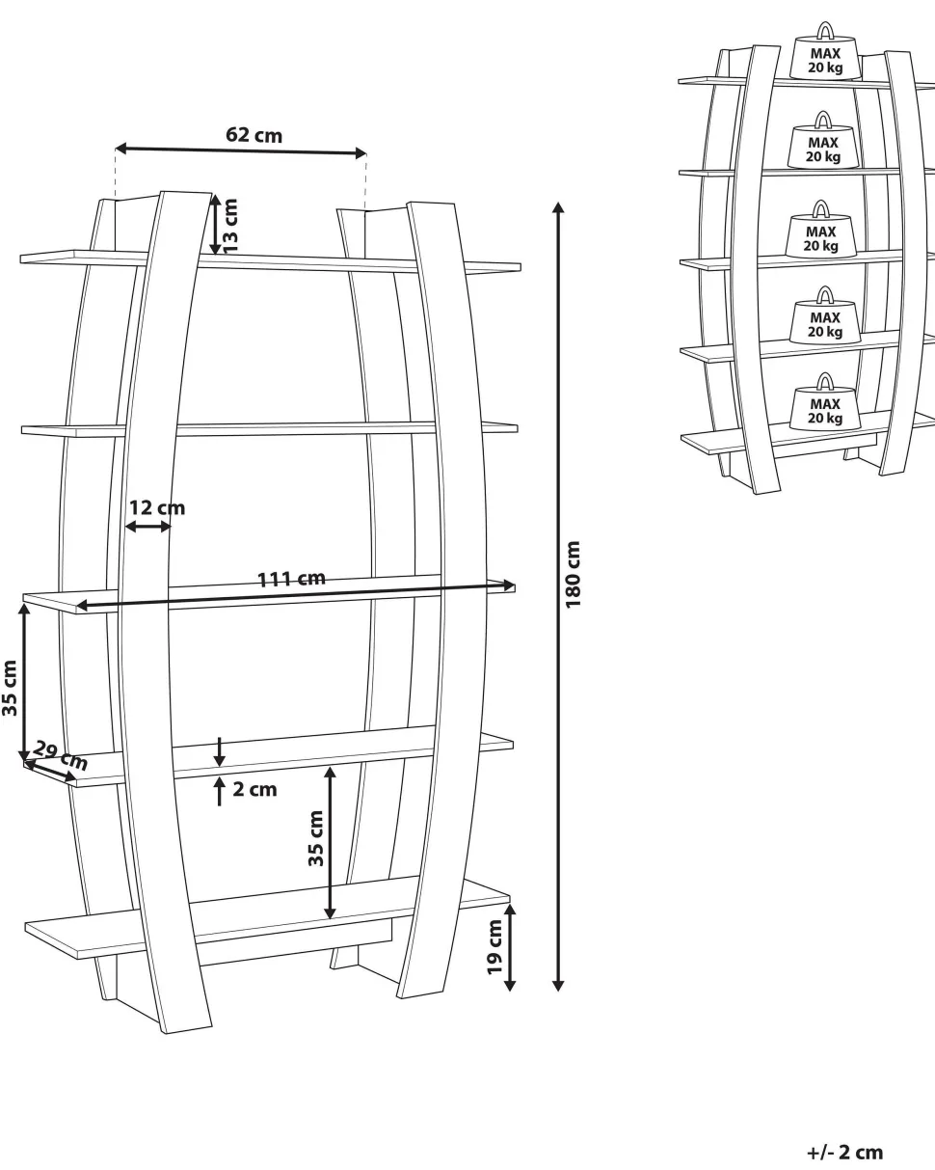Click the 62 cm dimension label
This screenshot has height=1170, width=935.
(254, 135)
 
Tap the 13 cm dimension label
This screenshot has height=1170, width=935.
(231, 225)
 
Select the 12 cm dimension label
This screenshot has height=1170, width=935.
(157, 507)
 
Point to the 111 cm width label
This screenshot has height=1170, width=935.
(291, 579)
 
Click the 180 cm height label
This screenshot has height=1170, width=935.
(574, 574)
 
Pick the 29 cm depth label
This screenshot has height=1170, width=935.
(61, 755)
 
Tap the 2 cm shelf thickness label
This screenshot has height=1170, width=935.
(254, 789)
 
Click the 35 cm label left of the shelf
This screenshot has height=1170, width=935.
(10, 688)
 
